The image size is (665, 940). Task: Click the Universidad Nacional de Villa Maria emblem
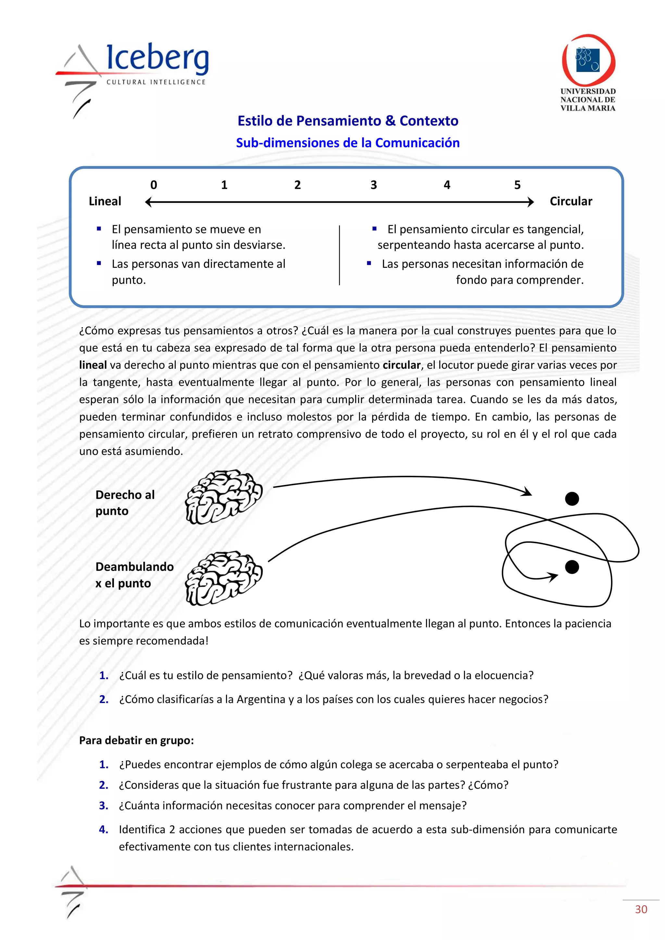588,60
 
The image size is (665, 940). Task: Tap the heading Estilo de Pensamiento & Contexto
348,121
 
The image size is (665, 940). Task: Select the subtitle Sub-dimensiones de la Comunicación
348,143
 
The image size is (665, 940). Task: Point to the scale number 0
154,185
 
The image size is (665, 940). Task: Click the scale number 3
373,185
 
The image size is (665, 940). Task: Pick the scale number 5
517,185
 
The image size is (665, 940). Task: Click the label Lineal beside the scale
105,202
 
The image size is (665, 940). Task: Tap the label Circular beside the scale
571,202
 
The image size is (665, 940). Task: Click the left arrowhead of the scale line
149,202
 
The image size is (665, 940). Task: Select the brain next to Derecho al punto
224,497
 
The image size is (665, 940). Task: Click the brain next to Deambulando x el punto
224,578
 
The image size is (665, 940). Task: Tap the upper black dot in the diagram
571,499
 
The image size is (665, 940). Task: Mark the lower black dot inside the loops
571,567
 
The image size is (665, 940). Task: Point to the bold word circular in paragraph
401,365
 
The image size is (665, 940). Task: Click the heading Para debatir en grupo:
136,740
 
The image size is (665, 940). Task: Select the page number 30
641,909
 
